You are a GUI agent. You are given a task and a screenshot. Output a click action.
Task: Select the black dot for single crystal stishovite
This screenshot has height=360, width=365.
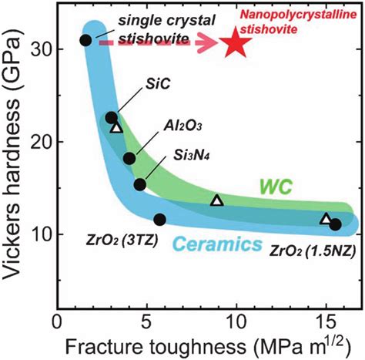[x=85, y=40]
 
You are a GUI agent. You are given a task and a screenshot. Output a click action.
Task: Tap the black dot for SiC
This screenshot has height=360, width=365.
[x=111, y=117]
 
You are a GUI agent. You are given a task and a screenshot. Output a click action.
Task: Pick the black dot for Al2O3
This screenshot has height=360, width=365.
[x=129, y=158]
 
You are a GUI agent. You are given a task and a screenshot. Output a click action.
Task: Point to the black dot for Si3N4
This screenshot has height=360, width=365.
[x=140, y=184]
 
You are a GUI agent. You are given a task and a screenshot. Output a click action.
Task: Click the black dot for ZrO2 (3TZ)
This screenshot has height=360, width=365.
[x=159, y=220]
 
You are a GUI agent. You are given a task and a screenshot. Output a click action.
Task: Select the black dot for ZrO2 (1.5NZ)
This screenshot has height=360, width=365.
[x=335, y=224]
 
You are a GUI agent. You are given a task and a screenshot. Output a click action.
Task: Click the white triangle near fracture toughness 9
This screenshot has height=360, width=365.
[x=217, y=201]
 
